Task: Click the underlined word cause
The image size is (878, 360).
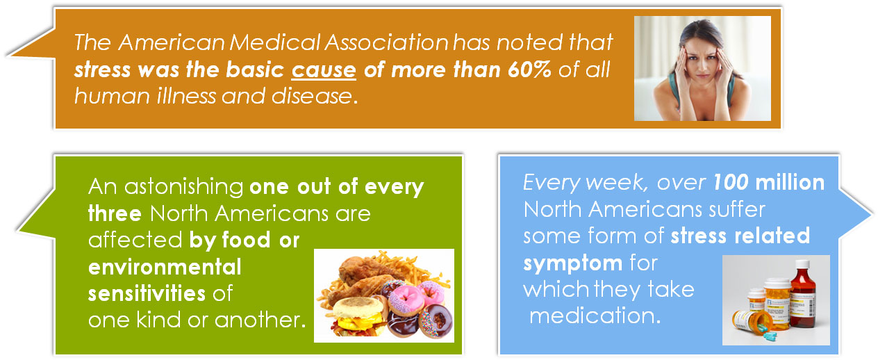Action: coord(324,70)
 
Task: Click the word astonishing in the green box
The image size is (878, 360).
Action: coord(184,187)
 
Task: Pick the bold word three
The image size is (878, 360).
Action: coord(115,214)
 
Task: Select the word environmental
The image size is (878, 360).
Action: coord(165,268)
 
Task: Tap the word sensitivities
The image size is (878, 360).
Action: coord(147,294)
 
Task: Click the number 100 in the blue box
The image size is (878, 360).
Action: coord(730,183)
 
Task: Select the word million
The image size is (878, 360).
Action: coord(790,183)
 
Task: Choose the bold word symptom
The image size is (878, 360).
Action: coord(572,263)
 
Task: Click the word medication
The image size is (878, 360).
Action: coord(595,316)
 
